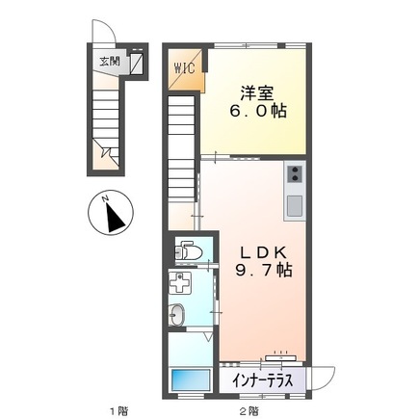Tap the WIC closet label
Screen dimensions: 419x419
184,67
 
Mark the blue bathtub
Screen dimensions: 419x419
189,379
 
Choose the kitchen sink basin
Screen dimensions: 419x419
293,203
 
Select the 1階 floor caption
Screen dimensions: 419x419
118,410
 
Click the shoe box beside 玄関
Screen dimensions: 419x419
136,64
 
